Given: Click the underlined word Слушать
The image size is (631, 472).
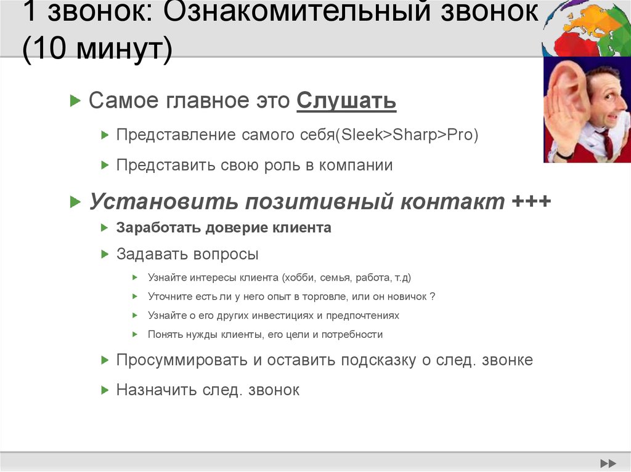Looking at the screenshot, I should [346, 101].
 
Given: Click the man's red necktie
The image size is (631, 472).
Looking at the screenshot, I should [607, 143].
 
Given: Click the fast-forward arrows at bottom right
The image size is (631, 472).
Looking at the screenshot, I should [608, 463].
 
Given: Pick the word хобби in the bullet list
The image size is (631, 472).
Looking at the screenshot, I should [299, 278].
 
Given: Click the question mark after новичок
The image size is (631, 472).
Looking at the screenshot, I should [433, 297].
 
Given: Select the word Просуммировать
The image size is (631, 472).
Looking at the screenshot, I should [182, 360].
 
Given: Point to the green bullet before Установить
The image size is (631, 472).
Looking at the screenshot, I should [75, 201].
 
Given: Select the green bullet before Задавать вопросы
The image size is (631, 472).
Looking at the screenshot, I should [104, 254].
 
